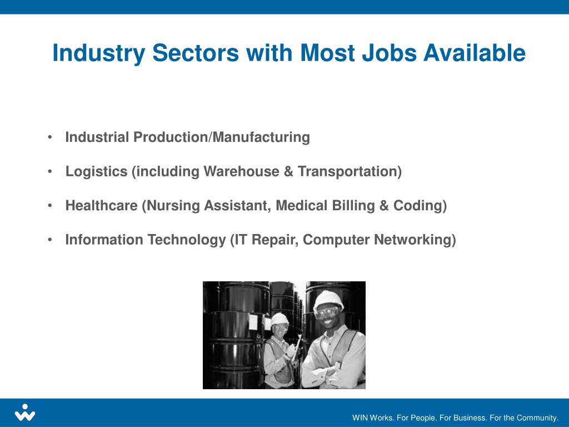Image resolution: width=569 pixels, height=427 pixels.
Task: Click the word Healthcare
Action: [102, 206]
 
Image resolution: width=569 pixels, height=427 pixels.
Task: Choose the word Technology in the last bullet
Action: [187, 240]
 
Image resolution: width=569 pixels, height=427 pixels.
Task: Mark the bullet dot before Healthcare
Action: [50, 206]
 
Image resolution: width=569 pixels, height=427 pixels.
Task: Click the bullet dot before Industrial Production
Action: [50, 137]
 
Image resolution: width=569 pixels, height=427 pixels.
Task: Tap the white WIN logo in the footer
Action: [25, 412]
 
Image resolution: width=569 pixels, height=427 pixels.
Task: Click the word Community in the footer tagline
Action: [537, 418]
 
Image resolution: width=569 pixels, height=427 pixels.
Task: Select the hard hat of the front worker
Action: [328, 299]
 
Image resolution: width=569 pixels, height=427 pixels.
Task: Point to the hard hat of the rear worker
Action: [280, 318]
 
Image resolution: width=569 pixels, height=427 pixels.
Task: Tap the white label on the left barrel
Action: [253, 321]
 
